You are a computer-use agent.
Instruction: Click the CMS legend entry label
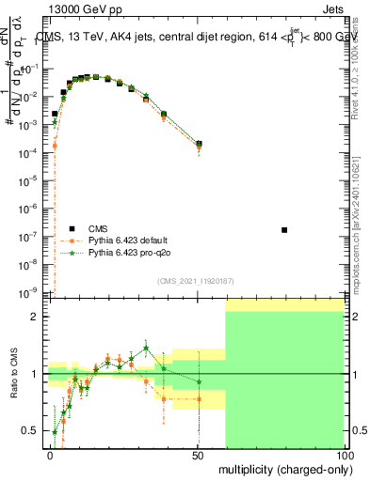pos(99,227)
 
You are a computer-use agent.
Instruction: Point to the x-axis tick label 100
pos(345,455)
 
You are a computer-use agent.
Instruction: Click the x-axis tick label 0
pos(51,455)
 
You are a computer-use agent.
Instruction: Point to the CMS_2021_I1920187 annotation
pos(195,281)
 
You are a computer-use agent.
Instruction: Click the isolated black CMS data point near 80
pos(284,230)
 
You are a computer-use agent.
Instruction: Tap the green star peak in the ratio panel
pos(146,347)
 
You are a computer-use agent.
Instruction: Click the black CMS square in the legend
pos(72,228)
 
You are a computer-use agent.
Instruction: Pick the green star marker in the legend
pos(72,253)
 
